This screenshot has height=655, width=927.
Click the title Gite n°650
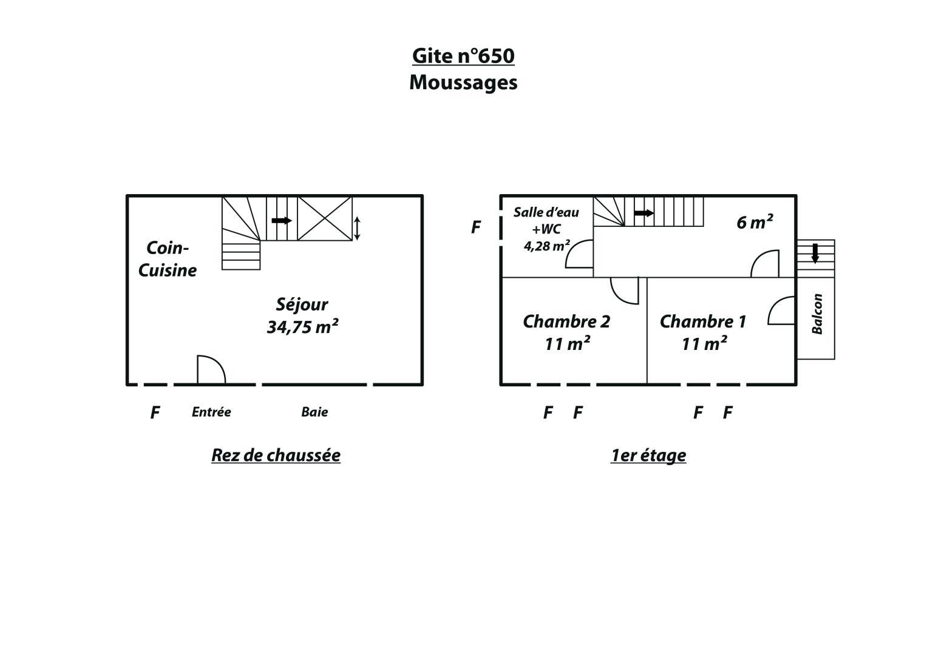[463, 56]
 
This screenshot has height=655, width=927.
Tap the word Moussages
[463, 82]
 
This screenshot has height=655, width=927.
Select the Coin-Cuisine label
[168, 259]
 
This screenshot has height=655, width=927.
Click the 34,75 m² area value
[302, 327]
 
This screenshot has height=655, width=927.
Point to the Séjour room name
[302, 304]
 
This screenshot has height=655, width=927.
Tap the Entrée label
[211, 412]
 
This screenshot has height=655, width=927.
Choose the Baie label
[314, 412]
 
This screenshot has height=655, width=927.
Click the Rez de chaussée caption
[276, 455]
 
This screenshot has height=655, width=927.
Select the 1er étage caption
[648, 455]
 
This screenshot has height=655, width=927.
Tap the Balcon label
[817, 314]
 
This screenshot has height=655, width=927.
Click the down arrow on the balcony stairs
[815, 254]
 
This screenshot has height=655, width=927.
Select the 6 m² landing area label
[755, 222]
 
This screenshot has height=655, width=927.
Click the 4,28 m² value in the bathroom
[547, 246]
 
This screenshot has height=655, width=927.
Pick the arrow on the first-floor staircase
[644, 213]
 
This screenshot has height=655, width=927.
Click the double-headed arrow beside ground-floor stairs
[357, 228]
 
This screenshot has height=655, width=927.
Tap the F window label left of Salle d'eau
[476, 227]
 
